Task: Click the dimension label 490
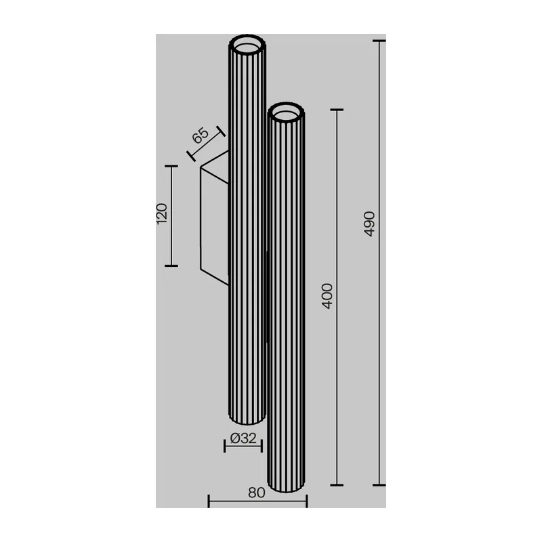369,224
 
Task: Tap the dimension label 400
327,296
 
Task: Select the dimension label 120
162,213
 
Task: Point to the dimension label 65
201,135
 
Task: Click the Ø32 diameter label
243,438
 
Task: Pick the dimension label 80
257,493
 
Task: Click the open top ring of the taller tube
247,45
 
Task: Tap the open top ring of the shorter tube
286,112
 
